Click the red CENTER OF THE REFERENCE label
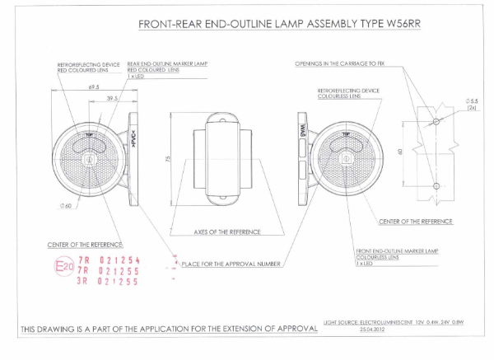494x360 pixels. (x=86, y=245)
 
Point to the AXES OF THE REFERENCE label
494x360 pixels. (x=222, y=232)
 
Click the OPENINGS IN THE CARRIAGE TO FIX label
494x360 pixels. (x=347, y=63)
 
